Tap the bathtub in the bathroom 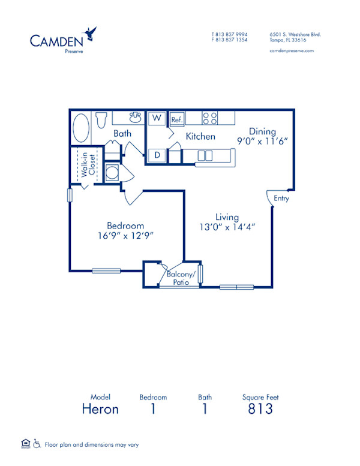pyautogui.click(x=80, y=128)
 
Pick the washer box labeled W pyautogui.click(x=157, y=118)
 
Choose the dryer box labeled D pyautogui.click(x=157, y=155)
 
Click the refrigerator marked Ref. pyautogui.click(x=176, y=119)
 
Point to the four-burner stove pyautogui.click(x=210, y=118)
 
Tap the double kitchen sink pyautogui.click(x=205, y=156)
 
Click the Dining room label pyautogui.click(x=263, y=131)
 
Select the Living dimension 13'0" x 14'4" pyautogui.click(x=227, y=227)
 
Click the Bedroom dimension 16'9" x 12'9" pyautogui.click(x=125, y=236)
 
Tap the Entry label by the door pyautogui.click(x=281, y=198)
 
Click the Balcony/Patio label pyautogui.click(x=182, y=277)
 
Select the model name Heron pyautogui.click(x=100, y=409)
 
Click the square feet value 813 pyautogui.click(x=260, y=409)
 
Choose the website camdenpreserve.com pyautogui.click(x=292, y=51)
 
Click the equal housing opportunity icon pyautogui.click(x=25, y=444)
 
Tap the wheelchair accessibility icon pyautogui.click(x=37, y=444)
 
